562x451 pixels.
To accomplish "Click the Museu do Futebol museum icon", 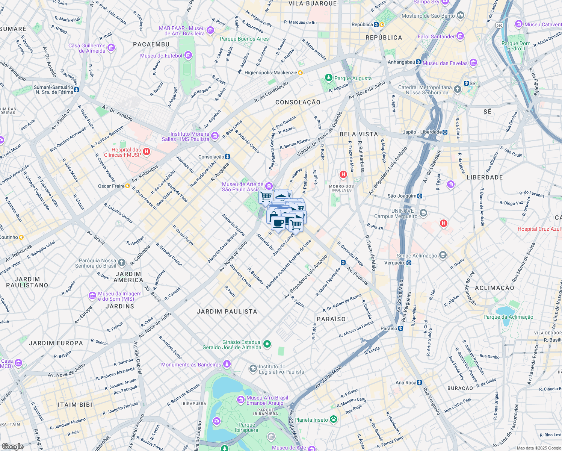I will click(x=188, y=56).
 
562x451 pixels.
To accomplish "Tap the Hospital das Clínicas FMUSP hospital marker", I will click(x=147, y=152).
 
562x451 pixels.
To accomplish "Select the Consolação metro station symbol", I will click(x=227, y=157).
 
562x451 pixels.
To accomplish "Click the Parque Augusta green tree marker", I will click(x=329, y=78).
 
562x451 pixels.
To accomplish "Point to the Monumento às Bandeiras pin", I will click(x=227, y=364).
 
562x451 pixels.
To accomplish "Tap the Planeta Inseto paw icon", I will click(x=333, y=419).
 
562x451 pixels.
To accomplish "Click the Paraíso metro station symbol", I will click(x=401, y=328).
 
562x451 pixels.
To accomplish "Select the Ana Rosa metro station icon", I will click(x=420, y=383).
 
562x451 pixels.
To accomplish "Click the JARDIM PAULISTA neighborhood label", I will click(x=227, y=312).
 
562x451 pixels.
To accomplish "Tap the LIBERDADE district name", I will click(x=485, y=177).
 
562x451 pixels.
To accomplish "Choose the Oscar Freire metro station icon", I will click(x=127, y=186).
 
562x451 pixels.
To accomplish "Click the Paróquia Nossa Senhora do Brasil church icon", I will click(x=121, y=262).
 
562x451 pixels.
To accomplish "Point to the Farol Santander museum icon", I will click(x=460, y=36).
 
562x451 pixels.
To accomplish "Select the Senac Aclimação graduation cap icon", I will click(x=443, y=255).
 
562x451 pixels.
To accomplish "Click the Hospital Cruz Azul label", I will click(x=539, y=229).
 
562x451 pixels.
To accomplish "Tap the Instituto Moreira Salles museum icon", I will click(x=215, y=136).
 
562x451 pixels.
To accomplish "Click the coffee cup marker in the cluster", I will click(x=278, y=223).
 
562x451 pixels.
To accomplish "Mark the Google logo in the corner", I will click(x=12, y=446).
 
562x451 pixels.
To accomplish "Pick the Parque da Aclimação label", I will click(x=508, y=317).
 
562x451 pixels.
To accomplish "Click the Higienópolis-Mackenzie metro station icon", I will click(x=300, y=73).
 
